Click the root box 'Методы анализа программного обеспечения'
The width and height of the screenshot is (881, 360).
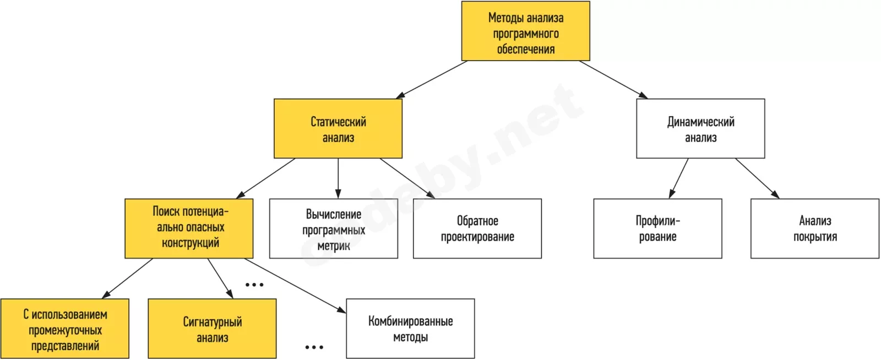[525, 31]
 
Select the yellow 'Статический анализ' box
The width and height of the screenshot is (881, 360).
[338, 128]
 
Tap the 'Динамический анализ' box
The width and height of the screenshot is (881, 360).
[700, 128]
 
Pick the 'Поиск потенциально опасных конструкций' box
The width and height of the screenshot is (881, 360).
[189, 228]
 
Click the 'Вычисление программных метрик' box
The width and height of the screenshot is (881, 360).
[334, 228]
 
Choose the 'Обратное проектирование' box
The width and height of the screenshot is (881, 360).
[477, 228]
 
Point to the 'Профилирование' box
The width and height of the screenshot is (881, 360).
[657, 228]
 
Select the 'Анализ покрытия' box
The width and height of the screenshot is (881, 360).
[814, 228]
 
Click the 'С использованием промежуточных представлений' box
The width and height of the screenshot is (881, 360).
[65, 329]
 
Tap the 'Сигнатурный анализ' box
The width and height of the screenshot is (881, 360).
[212, 329]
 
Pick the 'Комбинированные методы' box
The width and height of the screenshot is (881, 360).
[410, 329]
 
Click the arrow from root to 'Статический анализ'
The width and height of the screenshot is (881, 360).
[432, 79]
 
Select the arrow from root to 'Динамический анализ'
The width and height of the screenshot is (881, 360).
[613, 79]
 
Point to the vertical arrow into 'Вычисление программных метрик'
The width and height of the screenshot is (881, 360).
[338, 178]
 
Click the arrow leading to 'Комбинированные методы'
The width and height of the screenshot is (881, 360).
[295, 286]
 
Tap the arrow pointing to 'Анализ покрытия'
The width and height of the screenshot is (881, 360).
[758, 178]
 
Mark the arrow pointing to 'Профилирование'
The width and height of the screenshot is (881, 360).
[678, 178]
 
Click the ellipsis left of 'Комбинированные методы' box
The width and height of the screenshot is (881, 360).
[314, 347]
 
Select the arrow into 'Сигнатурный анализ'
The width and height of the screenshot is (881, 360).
[220, 278]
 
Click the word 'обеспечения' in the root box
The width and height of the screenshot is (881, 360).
[525, 49]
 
